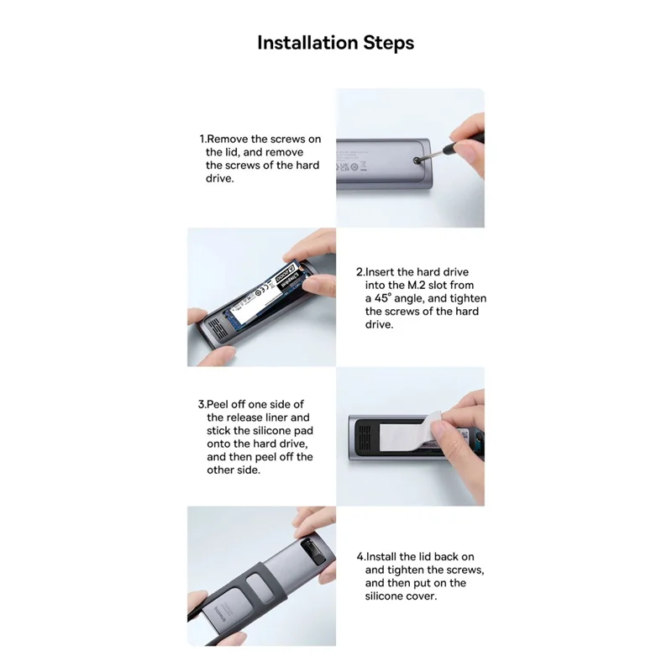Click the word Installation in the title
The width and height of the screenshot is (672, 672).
pos(307,43)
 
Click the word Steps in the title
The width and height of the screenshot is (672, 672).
pos(389,44)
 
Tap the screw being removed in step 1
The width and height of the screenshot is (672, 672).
pos(415,160)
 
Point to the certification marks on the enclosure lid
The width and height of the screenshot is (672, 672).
pos(351,165)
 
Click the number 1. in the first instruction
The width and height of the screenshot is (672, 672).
pos(203,139)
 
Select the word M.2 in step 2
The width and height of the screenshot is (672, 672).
pos(416,285)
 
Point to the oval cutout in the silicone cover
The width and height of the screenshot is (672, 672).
pos(260,590)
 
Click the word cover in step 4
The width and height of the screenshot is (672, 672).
pos(422,596)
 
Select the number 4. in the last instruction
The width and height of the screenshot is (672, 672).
pos(361,557)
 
